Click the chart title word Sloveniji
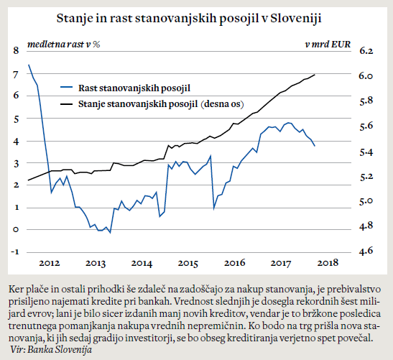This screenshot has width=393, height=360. [x=296, y=18]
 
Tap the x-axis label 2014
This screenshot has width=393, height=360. [x=142, y=263]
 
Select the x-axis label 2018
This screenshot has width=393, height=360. [x=328, y=263]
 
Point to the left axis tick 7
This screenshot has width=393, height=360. [x=16, y=75]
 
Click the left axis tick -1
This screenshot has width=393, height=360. [x=15, y=251]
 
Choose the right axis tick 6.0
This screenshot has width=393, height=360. [x=366, y=75]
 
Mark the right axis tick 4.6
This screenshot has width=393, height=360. [x=366, y=251]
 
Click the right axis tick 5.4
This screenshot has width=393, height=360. [x=366, y=152]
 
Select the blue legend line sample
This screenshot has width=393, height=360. [x=66, y=88]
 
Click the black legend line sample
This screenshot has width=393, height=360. [x=66, y=103]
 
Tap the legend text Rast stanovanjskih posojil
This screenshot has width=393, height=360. [x=134, y=88]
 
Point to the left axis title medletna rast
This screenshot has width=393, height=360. [x=55, y=45]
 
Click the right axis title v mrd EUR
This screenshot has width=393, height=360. [x=328, y=45]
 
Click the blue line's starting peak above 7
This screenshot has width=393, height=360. [x=29, y=65]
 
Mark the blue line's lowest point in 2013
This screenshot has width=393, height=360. [x=110, y=233]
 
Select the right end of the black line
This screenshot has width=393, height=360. [x=315, y=75]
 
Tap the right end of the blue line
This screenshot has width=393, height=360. [x=315, y=146]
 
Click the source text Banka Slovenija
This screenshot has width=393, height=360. [x=60, y=349]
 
